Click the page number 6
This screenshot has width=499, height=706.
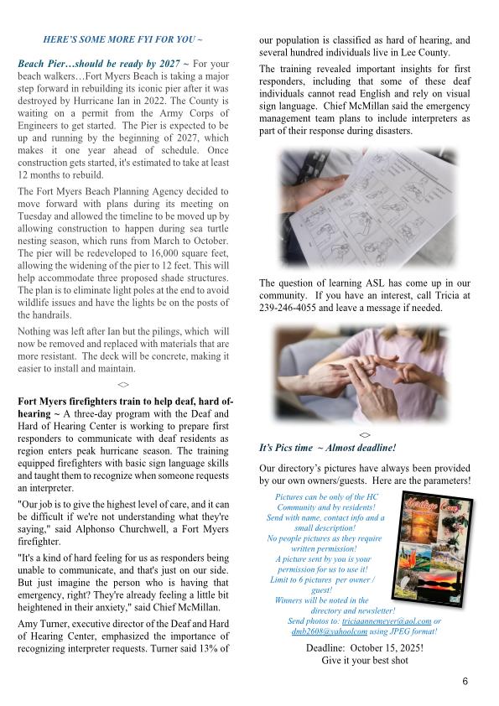(x=465, y=681)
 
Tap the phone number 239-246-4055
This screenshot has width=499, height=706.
(x=288, y=308)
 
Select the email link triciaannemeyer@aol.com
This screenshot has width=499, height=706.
(x=387, y=621)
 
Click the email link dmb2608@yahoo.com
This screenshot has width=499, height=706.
(x=330, y=631)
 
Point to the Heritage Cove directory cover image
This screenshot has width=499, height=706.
(x=433, y=548)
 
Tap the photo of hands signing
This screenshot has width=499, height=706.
(x=361, y=374)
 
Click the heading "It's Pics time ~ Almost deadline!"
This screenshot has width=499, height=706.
(x=327, y=448)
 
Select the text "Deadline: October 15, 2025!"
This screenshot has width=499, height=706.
(x=365, y=648)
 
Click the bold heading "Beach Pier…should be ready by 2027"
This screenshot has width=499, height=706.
(x=99, y=64)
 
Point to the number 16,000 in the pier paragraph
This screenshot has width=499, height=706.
(x=169, y=253)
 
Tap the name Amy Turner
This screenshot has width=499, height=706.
(x=43, y=624)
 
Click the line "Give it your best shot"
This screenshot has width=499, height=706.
(x=365, y=661)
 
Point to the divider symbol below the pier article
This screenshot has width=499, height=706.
(x=123, y=385)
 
